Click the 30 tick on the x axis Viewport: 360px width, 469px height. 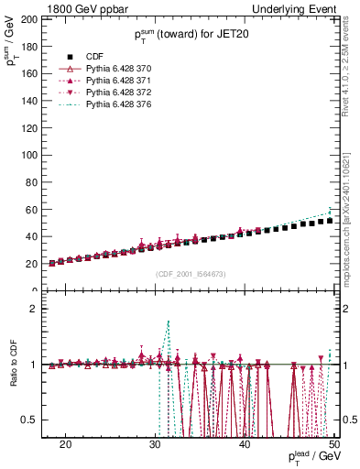(155, 443)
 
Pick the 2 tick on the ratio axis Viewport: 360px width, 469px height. (34, 309)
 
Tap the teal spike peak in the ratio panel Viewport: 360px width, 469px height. (169, 322)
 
